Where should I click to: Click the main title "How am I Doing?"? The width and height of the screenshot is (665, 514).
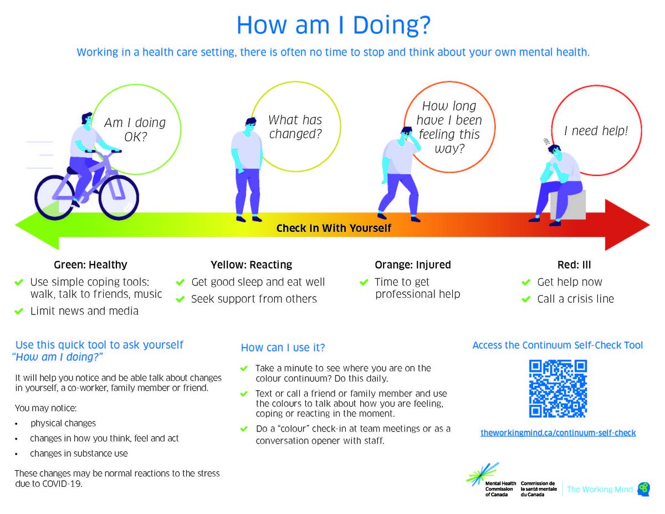pos(333,26)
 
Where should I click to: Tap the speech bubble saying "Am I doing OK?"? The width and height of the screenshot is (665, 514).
pos(135,129)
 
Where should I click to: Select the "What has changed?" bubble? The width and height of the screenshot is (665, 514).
pos(295,127)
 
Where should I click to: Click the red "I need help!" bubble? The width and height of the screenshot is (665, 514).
pos(596,131)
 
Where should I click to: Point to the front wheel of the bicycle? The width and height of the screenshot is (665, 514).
pos(116,197)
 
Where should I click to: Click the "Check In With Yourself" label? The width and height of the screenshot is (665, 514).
pos(334,228)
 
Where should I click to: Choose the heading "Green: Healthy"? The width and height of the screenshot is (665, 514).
pos(90,264)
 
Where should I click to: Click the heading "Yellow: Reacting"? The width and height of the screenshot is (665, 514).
pos(251,264)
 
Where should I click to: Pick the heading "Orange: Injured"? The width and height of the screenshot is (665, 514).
pos(412,264)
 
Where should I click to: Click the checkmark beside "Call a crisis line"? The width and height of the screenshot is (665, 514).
pos(526,299)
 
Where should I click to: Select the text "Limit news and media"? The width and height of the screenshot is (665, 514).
pos(84,311)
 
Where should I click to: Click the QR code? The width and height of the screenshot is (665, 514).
pos(557,388)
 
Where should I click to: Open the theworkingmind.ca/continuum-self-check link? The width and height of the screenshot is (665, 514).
pos(557,432)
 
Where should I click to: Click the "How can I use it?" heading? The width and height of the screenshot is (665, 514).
pos(283,348)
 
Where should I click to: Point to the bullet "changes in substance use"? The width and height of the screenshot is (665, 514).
pos(79,453)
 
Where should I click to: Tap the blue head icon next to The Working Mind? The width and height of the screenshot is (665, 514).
pos(643,488)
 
